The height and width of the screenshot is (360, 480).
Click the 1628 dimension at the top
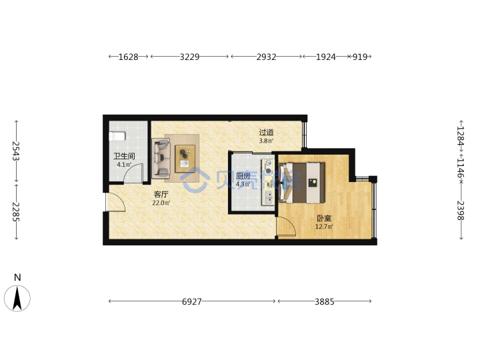tap(128, 57)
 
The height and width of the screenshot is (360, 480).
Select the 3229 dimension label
tap(189, 57)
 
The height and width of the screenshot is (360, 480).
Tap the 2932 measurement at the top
tap(266, 57)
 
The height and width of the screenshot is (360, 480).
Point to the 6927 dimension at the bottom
tap(192, 302)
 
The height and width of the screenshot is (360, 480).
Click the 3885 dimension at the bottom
tap(325, 302)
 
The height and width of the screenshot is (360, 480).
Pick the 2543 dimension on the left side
tap(16, 151)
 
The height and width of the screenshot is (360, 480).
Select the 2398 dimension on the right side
tap(461, 211)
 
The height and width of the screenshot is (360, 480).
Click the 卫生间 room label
tap(124, 156)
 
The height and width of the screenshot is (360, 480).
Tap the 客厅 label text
tap(161, 195)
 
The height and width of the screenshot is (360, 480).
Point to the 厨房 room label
tap(243, 176)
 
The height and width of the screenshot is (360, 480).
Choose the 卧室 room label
tap(324, 218)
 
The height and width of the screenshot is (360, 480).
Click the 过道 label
tap(266, 133)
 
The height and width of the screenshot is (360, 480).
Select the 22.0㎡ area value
tap(161, 203)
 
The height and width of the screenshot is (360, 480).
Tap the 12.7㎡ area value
tap(324, 227)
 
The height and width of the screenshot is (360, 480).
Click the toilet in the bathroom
tap(117, 136)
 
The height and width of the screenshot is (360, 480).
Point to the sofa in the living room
tap(161, 159)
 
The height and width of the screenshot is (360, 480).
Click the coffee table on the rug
tap(185, 159)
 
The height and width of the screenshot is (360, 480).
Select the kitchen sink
tap(269, 197)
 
